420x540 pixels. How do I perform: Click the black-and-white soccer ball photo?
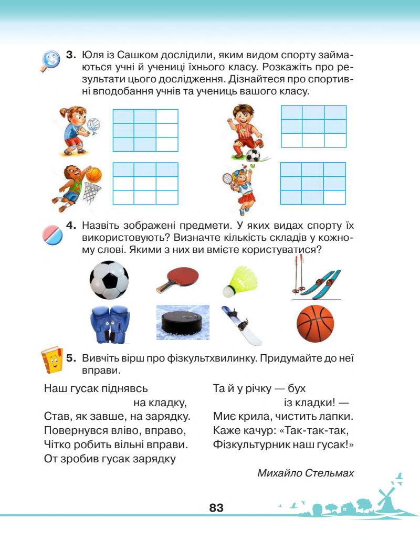109,280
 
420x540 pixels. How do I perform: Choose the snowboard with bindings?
242,325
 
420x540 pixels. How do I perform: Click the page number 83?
216,507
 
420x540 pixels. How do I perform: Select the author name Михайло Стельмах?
306,472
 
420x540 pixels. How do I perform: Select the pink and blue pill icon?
53,234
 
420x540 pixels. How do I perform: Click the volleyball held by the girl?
93,124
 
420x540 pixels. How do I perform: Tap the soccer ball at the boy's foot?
253,155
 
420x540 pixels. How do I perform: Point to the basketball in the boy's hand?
93,174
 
